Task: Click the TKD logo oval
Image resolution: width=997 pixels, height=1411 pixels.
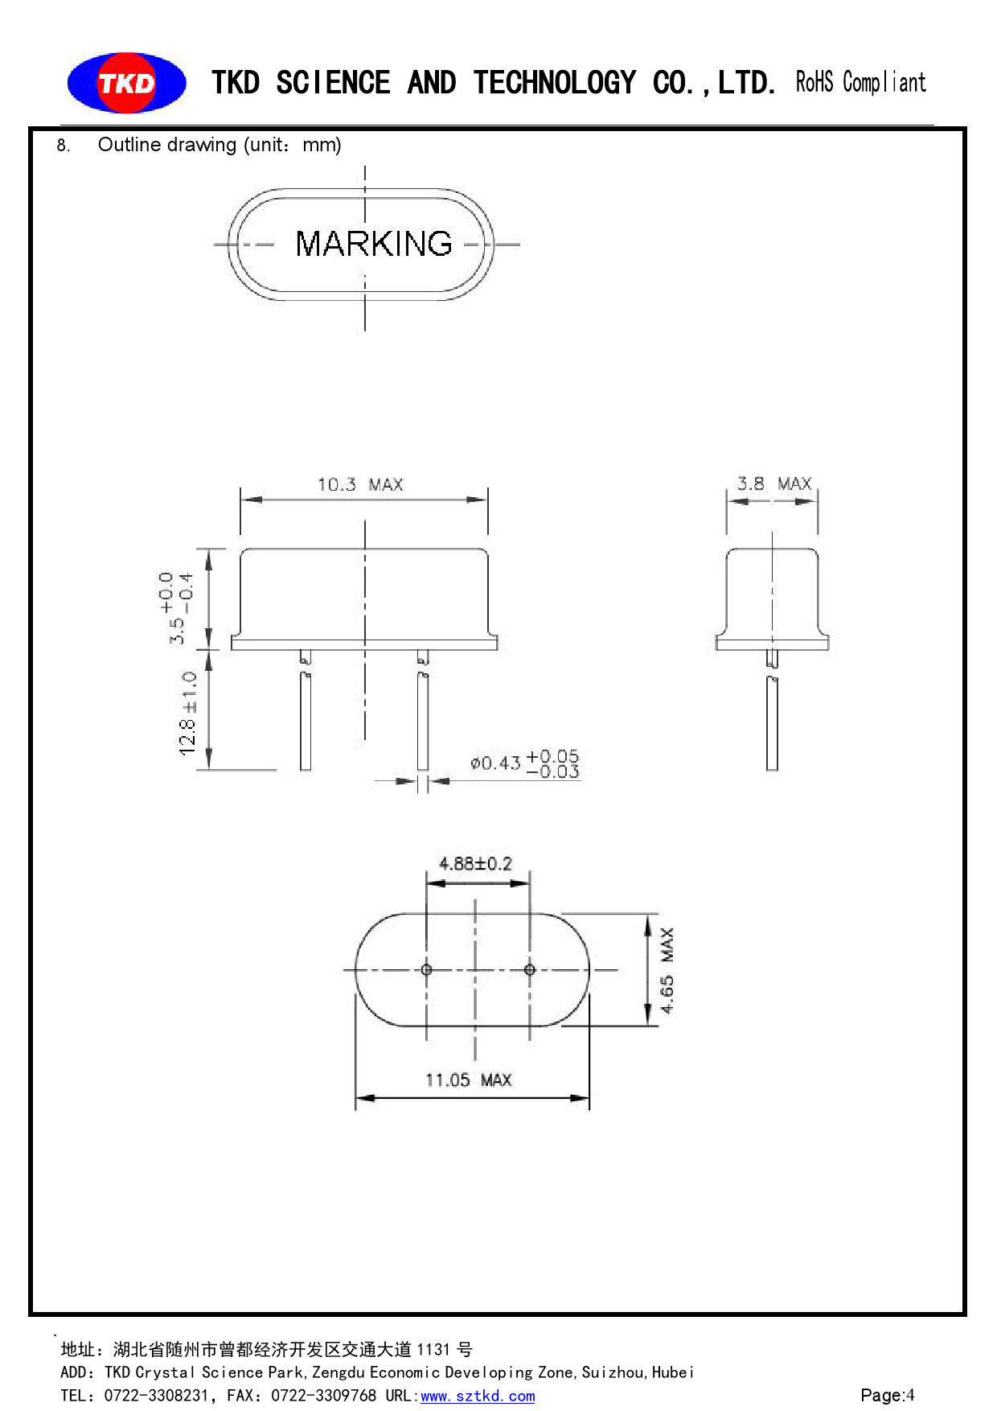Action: pos(126,83)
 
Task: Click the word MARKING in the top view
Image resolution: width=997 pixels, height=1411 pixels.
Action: pos(373,244)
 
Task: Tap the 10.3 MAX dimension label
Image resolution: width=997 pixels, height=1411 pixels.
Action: pos(360,484)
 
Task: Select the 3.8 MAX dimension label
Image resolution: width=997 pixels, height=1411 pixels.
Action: pos(773,483)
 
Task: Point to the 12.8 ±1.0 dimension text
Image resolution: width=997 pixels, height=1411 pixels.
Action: pos(188,714)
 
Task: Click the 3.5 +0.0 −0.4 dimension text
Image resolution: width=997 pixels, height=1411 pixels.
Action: pos(176,607)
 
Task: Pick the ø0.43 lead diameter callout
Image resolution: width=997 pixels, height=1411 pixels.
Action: pos(524,763)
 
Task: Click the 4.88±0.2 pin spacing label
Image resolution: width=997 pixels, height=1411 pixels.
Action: pos(475,864)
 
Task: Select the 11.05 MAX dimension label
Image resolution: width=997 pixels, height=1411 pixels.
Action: pos(468,1080)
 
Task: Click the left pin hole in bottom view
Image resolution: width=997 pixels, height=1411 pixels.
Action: pos(426,969)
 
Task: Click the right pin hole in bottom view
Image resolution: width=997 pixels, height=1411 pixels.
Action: pos(529,969)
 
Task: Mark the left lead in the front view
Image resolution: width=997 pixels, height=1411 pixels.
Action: pos(306,720)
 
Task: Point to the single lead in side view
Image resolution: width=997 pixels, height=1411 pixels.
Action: pos(772,722)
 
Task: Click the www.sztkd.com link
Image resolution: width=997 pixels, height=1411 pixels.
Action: pos(478,1396)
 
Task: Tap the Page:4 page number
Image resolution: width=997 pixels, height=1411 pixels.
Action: pos(887,1395)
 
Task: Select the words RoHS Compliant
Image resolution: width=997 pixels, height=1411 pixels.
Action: pos(860,82)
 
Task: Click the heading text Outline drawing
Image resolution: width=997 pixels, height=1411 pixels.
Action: pos(167,145)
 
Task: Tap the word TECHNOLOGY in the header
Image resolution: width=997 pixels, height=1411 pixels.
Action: pos(554,83)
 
